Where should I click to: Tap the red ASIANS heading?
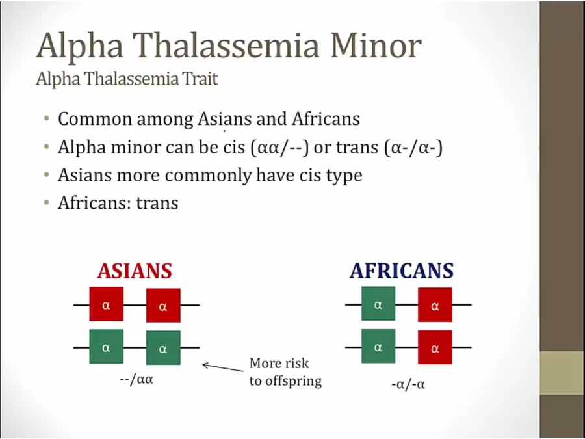[x=135, y=271]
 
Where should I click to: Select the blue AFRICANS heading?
[x=402, y=271]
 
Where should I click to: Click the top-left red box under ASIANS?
[x=107, y=304]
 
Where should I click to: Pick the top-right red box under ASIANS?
[x=163, y=305]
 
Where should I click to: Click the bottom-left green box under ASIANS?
[x=107, y=347]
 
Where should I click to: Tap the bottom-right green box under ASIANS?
[x=163, y=347]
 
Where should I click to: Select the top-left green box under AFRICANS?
[x=378, y=304]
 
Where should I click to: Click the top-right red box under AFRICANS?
[x=435, y=304]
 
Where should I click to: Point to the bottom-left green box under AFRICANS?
[x=378, y=346]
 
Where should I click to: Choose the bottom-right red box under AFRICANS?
[x=435, y=347]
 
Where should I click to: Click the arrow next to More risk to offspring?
[x=223, y=367]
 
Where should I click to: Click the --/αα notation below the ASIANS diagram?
[x=136, y=380]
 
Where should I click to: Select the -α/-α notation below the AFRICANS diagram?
[x=408, y=384]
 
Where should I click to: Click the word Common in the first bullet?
[x=95, y=119]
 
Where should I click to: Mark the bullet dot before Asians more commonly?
[x=46, y=174]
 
